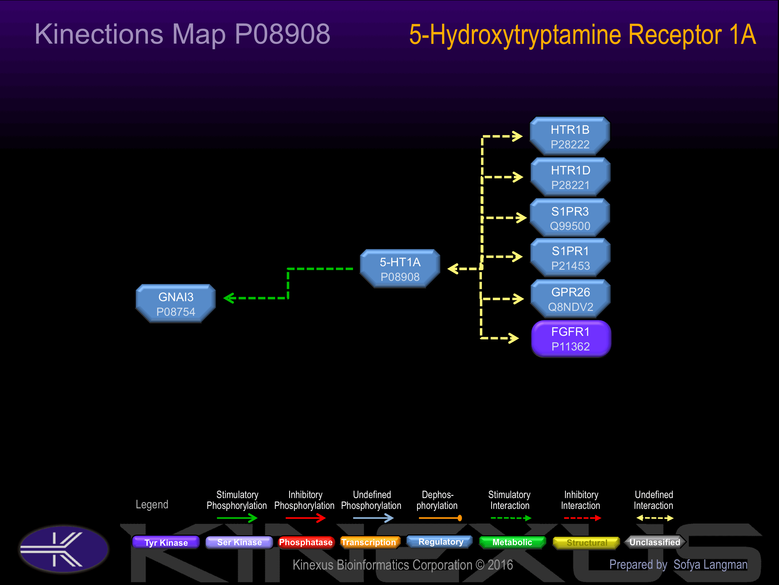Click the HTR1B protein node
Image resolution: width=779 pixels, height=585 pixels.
click(570, 136)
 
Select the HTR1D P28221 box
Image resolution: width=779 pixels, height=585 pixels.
click(570, 177)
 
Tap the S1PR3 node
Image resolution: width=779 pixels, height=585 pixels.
click(570, 218)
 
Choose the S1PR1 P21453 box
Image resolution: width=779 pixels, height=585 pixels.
click(570, 258)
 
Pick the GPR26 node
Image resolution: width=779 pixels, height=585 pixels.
click(570, 299)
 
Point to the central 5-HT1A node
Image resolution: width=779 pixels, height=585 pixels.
click(400, 269)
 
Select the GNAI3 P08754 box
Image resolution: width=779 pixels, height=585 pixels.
click(176, 304)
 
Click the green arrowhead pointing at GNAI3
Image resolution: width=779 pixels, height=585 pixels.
click(229, 298)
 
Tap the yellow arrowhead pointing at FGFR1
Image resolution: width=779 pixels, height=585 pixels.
click(513, 338)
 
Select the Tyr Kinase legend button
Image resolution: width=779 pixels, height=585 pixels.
click(166, 542)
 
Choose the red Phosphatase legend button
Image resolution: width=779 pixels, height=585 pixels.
click(306, 542)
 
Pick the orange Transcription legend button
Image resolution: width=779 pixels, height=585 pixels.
click(369, 542)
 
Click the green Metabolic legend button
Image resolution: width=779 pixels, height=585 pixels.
click(512, 542)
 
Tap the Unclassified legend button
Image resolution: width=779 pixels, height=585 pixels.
click(655, 542)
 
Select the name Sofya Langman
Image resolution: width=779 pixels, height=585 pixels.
click(710, 564)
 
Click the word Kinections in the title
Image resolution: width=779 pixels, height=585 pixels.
click(99, 34)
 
